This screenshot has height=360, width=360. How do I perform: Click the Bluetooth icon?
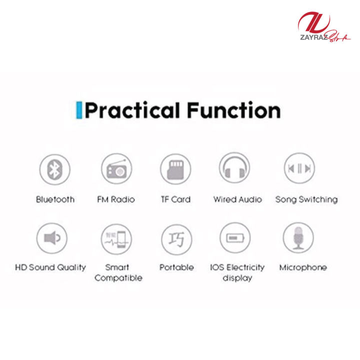pos(54,169)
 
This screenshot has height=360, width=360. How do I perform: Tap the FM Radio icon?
pos(116,169)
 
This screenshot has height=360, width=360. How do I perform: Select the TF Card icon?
pos(175,169)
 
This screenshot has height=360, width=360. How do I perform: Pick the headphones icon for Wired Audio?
pos(234,169)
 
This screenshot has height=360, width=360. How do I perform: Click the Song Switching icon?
pos(299,169)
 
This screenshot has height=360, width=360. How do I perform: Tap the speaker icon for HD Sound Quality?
pos(51,238)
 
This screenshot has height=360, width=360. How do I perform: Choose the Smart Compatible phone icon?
pos(116,238)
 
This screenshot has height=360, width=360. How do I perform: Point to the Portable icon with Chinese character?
pos(176,238)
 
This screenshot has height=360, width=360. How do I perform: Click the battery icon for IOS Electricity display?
pos(234,238)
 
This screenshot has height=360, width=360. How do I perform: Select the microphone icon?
pos(298,237)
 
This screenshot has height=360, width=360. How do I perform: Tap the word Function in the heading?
pos(233,110)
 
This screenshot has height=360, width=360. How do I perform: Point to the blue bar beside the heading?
pos(78,110)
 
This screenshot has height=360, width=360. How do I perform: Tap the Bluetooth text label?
pos(55,199)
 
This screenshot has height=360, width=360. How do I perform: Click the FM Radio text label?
pos(116,199)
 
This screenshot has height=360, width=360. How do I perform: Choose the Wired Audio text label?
pos(237,199)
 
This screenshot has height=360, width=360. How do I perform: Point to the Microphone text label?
pos(303,267)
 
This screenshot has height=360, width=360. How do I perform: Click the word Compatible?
pos(118,278)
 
